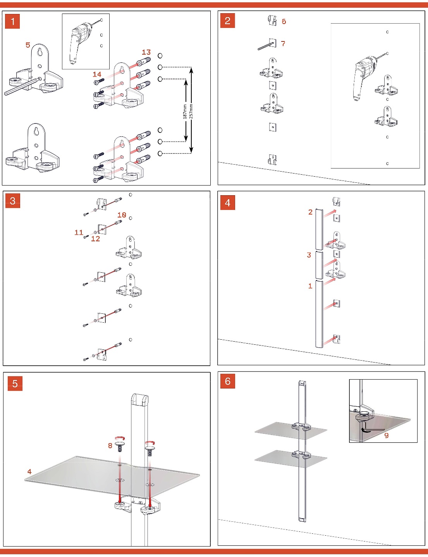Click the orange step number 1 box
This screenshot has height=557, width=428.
tap(12, 21)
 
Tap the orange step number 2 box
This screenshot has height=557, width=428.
tap(227, 21)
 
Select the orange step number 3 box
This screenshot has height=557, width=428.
tap(12, 201)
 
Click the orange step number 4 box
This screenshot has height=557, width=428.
tap(227, 202)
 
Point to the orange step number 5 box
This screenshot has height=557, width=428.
tap(15, 383)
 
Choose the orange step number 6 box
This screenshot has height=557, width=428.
tap(227, 381)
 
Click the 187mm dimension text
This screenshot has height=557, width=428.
tap(185, 111)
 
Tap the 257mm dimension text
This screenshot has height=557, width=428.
tap(191, 111)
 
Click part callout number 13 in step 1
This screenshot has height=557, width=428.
tap(146, 52)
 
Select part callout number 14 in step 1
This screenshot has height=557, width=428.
tap(97, 74)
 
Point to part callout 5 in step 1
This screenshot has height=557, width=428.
tap(28, 45)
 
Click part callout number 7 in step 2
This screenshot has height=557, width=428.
tap(283, 44)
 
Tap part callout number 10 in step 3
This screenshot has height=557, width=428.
tap(122, 215)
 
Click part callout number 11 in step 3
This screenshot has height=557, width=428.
tap(79, 232)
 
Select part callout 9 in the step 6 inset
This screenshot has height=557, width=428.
tap(386, 435)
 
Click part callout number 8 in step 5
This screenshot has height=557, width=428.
tap(110, 445)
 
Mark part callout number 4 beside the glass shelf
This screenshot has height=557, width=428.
tap(29, 471)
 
